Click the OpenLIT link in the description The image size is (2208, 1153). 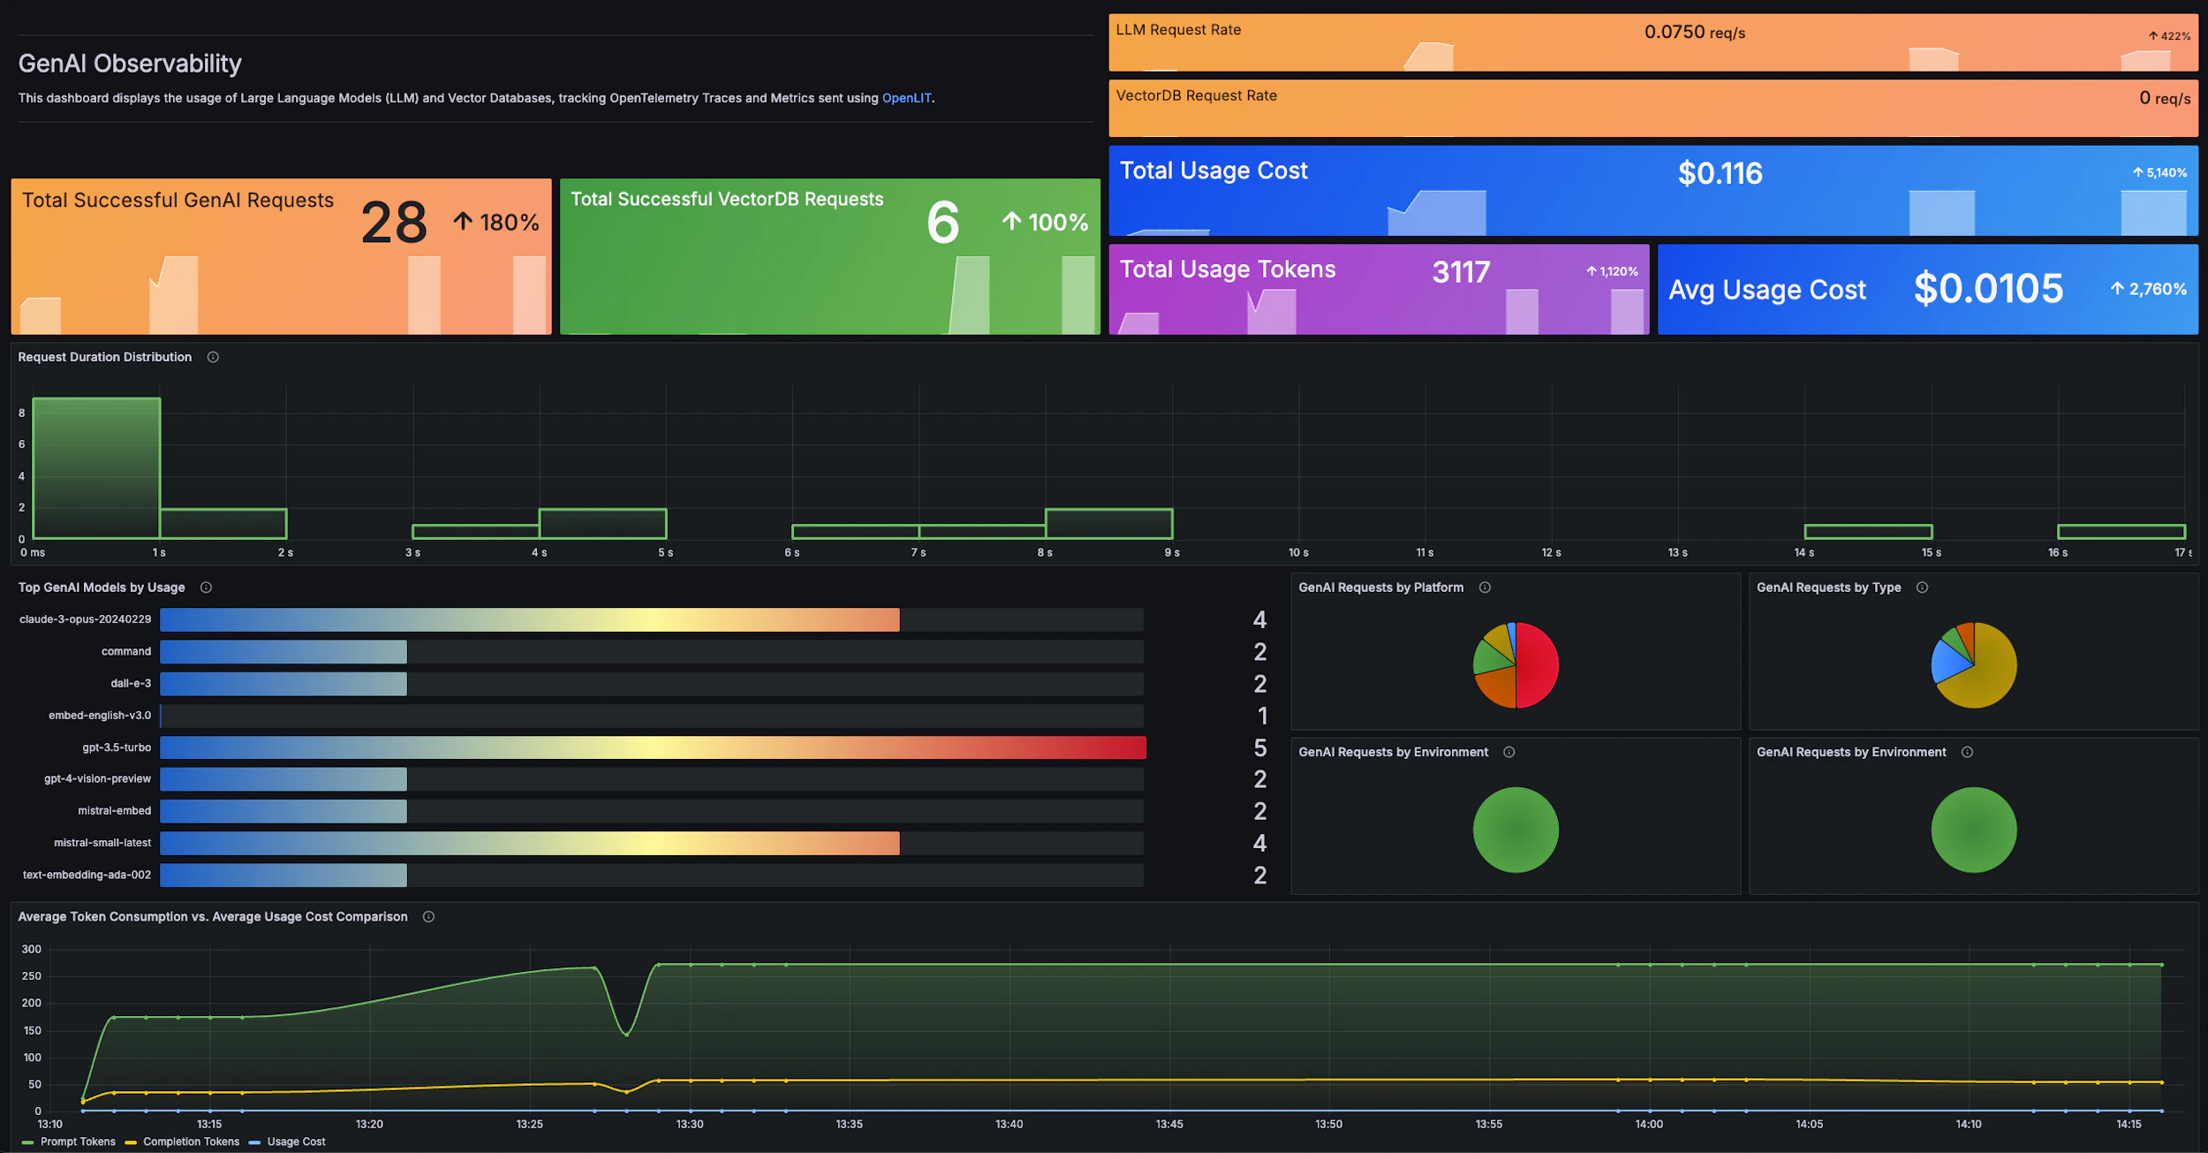(x=906, y=98)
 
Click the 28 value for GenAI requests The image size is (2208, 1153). (x=394, y=223)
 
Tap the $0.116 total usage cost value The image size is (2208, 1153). (x=1720, y=173)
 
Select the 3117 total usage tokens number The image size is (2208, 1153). (x=1461, y=272)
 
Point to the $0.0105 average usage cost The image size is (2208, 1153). (x=1988, y=289)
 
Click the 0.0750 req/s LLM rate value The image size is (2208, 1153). (x=1694, y=33)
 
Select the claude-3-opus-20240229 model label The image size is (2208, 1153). (x=85, y=619)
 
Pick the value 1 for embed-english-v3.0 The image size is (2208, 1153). (x=1262, y=716)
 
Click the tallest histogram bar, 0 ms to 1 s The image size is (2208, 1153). (x=96, y=468)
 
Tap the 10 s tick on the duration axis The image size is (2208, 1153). (x=1298, y=552)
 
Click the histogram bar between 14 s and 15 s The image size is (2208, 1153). (x=1868, y=531)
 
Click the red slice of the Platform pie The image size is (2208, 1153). (x=1539, y=664)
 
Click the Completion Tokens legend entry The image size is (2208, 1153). (x=191, y=1142)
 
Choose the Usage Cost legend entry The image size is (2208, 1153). (x=296, y=1142)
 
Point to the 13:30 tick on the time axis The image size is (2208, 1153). (x=690, y=1124)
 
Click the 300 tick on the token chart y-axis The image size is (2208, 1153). (x=32, y=949)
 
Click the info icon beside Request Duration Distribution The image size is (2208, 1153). (x=213, y=357)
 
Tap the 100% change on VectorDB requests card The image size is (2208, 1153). (x=1057, y=223)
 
